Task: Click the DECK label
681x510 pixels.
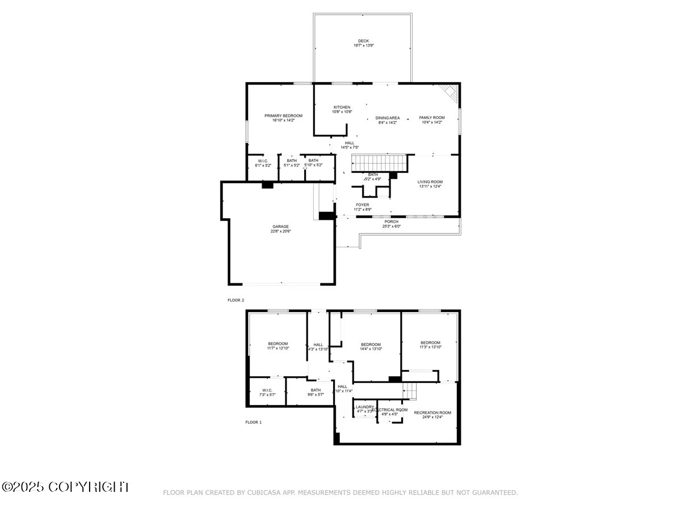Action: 363,41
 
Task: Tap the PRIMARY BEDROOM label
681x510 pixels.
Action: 283,116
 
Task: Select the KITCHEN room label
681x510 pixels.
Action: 342,107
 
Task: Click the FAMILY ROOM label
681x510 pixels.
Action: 432,118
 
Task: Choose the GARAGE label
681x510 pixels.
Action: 280,227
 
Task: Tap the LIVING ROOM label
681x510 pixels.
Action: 430,182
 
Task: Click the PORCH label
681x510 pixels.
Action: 391,222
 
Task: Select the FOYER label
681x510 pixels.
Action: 362,205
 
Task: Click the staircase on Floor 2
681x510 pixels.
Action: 380,163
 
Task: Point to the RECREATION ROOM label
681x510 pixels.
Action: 432,413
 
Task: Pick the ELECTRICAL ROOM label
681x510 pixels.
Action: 392,409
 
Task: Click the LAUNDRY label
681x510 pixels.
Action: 365,407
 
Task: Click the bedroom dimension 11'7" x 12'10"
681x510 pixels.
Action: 278,348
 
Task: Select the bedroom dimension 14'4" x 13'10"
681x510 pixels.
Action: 371,349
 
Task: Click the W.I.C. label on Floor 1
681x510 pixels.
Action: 267,390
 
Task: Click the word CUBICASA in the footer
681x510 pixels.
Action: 263,493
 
